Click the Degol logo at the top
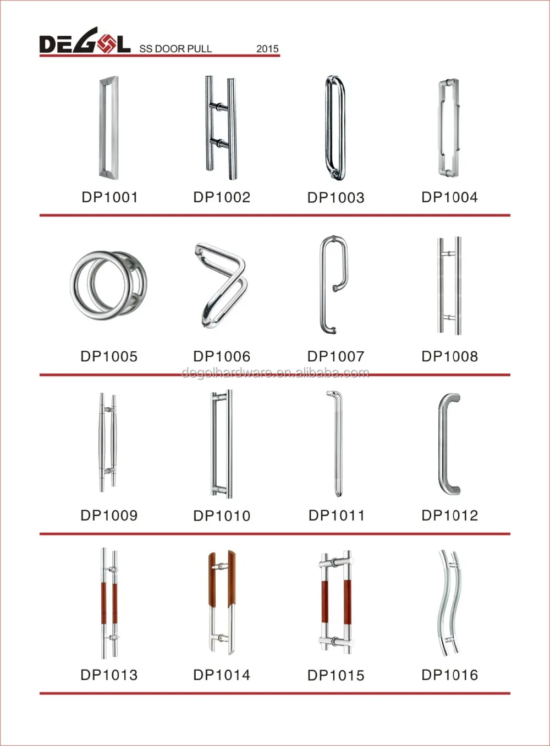(84, 42)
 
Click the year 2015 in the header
(267, 48)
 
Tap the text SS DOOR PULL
(175, 48)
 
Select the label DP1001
(109, 197)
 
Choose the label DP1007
(335, 356)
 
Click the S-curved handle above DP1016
(448, 603)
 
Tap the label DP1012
(449, 515)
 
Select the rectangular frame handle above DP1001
(108, 128)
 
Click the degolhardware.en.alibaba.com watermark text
(275, 373)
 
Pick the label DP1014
(222, 675)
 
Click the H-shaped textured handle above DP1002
(221, 127)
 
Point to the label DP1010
(222, 516)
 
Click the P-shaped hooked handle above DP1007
(333, 284)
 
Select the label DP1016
(449, 675)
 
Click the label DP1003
(335, 197)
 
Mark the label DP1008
(449, 356)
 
